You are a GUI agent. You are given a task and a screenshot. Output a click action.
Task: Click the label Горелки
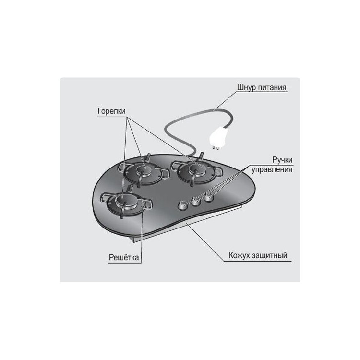(111, 111)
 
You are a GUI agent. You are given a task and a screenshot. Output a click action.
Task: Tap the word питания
(272, 88)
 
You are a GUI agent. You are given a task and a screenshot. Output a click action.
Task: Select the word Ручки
(282, 160)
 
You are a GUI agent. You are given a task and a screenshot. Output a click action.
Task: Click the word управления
(272, 170)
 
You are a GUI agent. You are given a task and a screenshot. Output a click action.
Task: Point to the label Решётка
(124, 257)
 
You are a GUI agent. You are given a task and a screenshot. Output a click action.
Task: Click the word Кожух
(239, 255)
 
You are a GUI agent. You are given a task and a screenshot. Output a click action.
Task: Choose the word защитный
(270, 255)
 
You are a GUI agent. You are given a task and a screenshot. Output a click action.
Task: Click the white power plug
(218, 137)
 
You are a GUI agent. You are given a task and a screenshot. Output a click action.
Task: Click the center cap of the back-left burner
(144, 170)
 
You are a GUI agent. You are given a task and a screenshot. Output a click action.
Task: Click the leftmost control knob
(183, 205)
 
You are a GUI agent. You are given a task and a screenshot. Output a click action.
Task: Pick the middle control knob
(196, 201)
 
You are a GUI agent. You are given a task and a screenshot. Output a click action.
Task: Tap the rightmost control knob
(209, 198)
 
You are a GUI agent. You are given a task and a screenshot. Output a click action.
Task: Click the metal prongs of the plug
(216, 147)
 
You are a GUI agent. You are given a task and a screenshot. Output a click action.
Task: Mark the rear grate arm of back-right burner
(202, 156)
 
